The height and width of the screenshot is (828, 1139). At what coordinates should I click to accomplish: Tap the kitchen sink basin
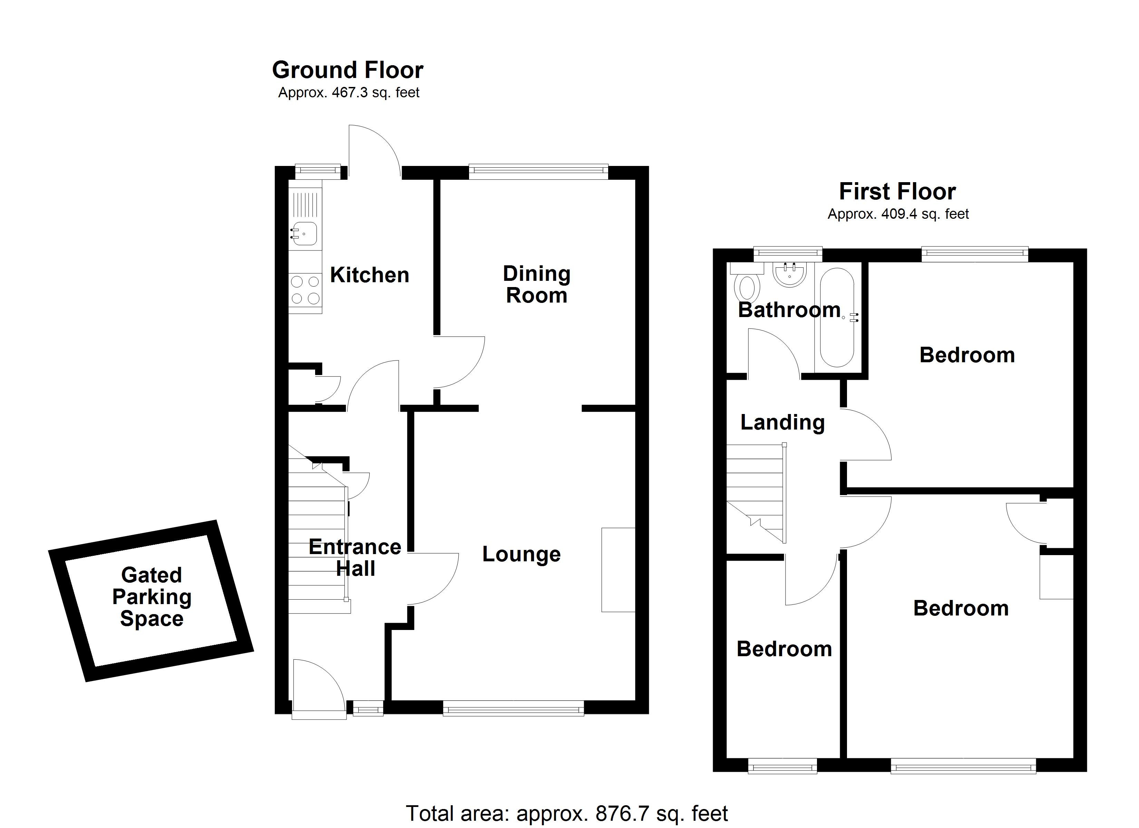(x=305, y=234)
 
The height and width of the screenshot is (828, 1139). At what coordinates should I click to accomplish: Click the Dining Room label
(x=536, y=284)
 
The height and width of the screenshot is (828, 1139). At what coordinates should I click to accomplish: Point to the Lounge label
(x=521, y=554)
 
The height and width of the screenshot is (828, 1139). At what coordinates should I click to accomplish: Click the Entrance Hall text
(x=355, y=558)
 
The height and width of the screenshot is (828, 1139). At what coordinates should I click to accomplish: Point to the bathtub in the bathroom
(x=836, y=317)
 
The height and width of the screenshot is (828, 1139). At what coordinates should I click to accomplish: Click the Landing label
(x=782, y=422)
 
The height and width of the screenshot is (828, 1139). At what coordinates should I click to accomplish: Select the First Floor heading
(x=897, y=191)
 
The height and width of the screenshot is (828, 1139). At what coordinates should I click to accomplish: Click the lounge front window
(x=513, y=710)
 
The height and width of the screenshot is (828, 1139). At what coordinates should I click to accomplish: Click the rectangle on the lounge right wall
(x=618, y=569)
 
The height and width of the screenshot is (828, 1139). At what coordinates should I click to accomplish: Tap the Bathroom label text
(x=788, y=310)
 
